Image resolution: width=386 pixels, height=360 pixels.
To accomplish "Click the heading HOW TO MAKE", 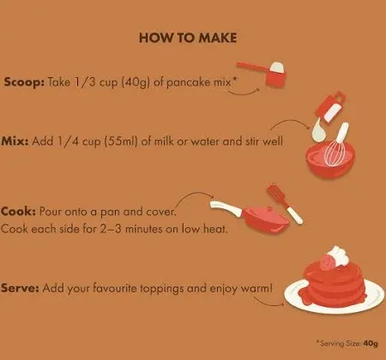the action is point(188,38).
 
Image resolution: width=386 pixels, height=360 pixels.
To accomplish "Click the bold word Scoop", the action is point(24,82).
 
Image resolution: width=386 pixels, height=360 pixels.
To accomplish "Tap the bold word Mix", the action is point(15,141).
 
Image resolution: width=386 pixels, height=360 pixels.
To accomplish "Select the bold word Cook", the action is point(18,212).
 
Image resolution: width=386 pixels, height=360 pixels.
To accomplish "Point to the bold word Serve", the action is point(20,288).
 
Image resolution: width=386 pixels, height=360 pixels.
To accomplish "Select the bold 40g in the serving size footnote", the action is point(371,343).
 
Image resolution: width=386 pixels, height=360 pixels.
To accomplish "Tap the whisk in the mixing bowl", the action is point(337,146).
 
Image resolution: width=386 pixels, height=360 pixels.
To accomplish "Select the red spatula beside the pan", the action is point(285,203).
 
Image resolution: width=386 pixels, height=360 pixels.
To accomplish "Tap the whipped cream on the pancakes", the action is point(339,255).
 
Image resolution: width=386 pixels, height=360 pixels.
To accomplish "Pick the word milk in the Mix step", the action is point(164,141).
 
